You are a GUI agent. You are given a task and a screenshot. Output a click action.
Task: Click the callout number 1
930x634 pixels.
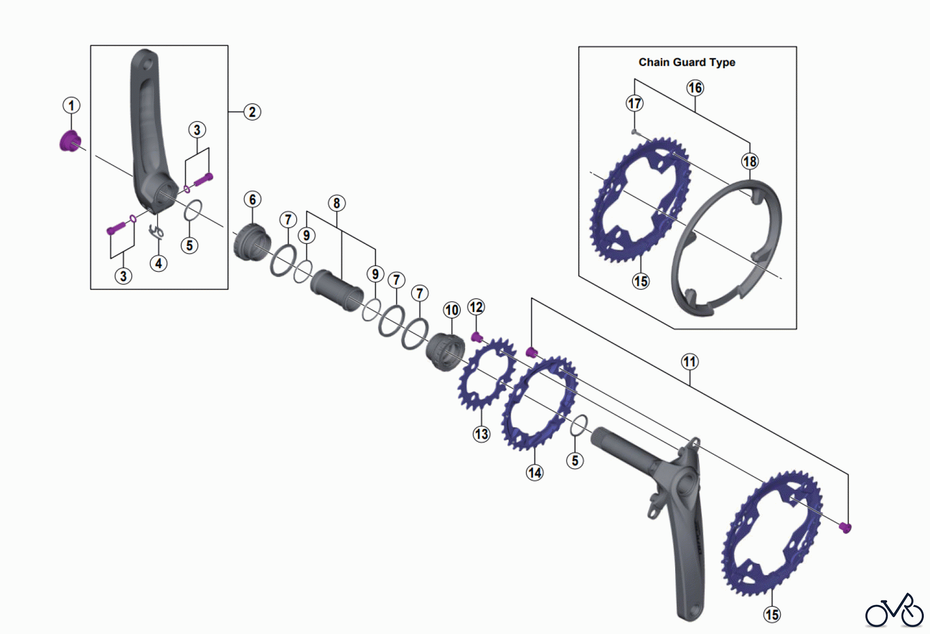coord(71,105)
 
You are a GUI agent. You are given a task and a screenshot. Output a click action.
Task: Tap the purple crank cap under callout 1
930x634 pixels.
coord(70,141)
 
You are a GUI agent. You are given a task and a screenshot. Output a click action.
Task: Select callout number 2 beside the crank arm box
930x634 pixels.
coord(252,112)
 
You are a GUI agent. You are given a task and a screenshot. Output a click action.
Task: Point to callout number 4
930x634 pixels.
coord(159,264)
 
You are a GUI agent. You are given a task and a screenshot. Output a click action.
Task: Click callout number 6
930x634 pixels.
coord(252,199)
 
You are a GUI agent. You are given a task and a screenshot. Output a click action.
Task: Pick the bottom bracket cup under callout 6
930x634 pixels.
coord(252,243)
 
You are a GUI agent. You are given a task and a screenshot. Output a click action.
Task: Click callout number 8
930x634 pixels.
coord(337,203)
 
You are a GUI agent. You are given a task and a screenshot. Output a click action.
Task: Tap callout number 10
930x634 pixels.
coord(452,310)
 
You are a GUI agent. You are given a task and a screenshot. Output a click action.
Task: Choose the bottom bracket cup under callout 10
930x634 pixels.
coord(445,351)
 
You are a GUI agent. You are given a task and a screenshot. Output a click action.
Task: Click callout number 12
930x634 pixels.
coord(476,307)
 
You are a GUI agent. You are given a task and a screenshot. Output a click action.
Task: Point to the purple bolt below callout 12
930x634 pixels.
coord(477,337)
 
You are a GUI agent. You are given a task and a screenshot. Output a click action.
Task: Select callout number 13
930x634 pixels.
coord(482,434)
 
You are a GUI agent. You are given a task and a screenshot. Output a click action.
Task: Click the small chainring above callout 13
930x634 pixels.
coord(486,374)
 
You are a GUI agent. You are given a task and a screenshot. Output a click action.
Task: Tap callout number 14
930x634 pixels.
coord(535,472)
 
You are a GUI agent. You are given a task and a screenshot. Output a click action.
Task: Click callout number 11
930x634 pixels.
coord(690,362)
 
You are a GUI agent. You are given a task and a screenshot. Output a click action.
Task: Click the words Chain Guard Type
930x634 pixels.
coord(687,63)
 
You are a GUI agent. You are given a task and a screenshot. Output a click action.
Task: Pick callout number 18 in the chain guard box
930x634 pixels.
coord(750,162)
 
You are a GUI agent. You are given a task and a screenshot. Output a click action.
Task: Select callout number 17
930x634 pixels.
coord(634,103)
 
